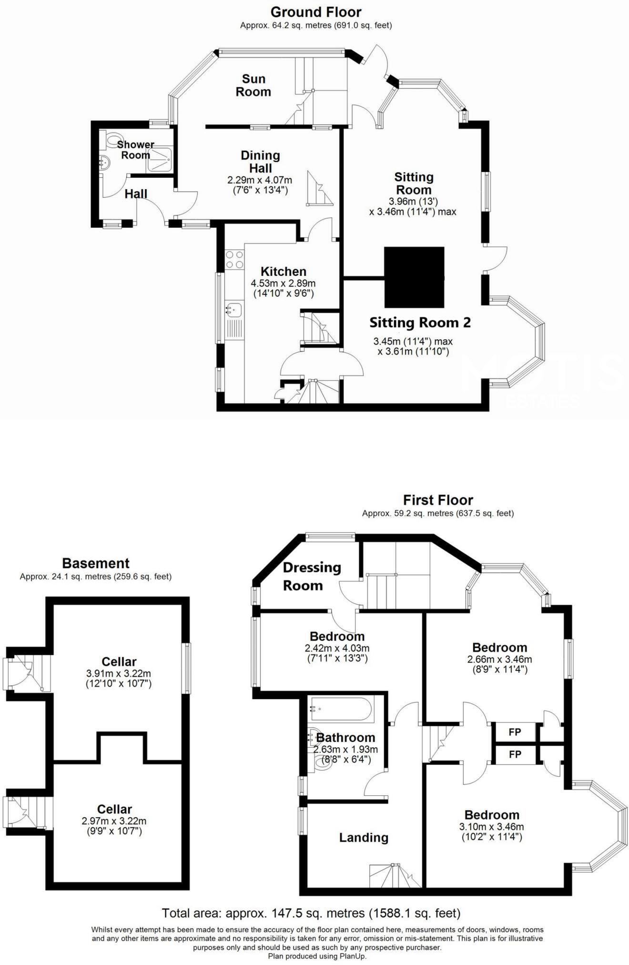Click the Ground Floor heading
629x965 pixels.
315,11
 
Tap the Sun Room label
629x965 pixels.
253,85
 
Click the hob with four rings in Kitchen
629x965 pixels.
234,259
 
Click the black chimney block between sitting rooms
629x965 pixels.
414,277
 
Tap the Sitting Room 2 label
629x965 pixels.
420,323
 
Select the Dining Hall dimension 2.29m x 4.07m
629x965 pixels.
260,181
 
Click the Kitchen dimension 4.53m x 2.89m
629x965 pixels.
283,283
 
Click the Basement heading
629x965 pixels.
95,563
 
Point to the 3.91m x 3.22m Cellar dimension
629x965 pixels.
119,674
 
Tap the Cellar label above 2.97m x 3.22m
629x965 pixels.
114,809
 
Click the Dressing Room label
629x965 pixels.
312,576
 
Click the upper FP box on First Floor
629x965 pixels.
515,732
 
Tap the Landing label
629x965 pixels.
363,838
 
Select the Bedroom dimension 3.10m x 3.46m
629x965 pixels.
492,827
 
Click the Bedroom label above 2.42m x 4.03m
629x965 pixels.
336,636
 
